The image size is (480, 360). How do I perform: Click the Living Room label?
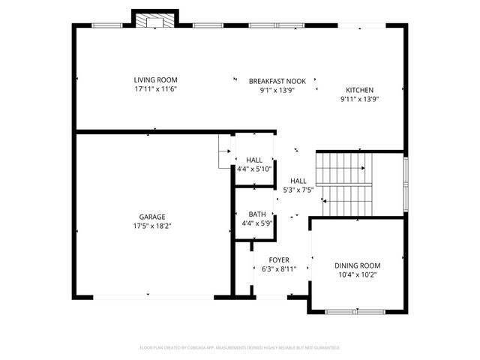[155, 79]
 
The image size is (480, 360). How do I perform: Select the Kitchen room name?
[358, 89]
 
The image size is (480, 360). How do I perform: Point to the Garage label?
[151, 216]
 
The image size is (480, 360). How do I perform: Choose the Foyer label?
[279, 259]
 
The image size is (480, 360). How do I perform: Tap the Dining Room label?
[357, 265]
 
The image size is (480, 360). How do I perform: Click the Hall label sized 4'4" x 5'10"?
[254, 160]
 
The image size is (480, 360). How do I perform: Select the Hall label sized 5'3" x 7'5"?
[298, 181]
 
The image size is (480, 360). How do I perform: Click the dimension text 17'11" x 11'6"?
[155, 89]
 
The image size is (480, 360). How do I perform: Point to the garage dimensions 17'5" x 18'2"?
[151, 226]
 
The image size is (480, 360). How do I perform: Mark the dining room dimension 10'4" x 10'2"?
[357, 275]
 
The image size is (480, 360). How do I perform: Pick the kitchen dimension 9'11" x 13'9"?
[358, 99]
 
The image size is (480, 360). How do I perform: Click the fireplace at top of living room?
[155, 19]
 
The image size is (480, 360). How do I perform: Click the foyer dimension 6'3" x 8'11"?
[279, 269]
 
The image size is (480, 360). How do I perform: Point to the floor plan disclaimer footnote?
[240, 348]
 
